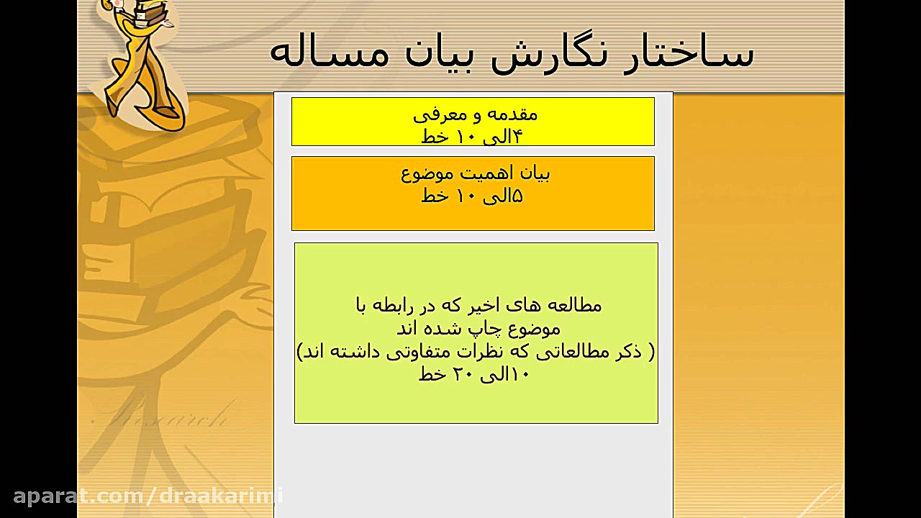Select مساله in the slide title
point(330,53)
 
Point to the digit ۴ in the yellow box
point(517,137)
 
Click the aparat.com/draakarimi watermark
point(148,496)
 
